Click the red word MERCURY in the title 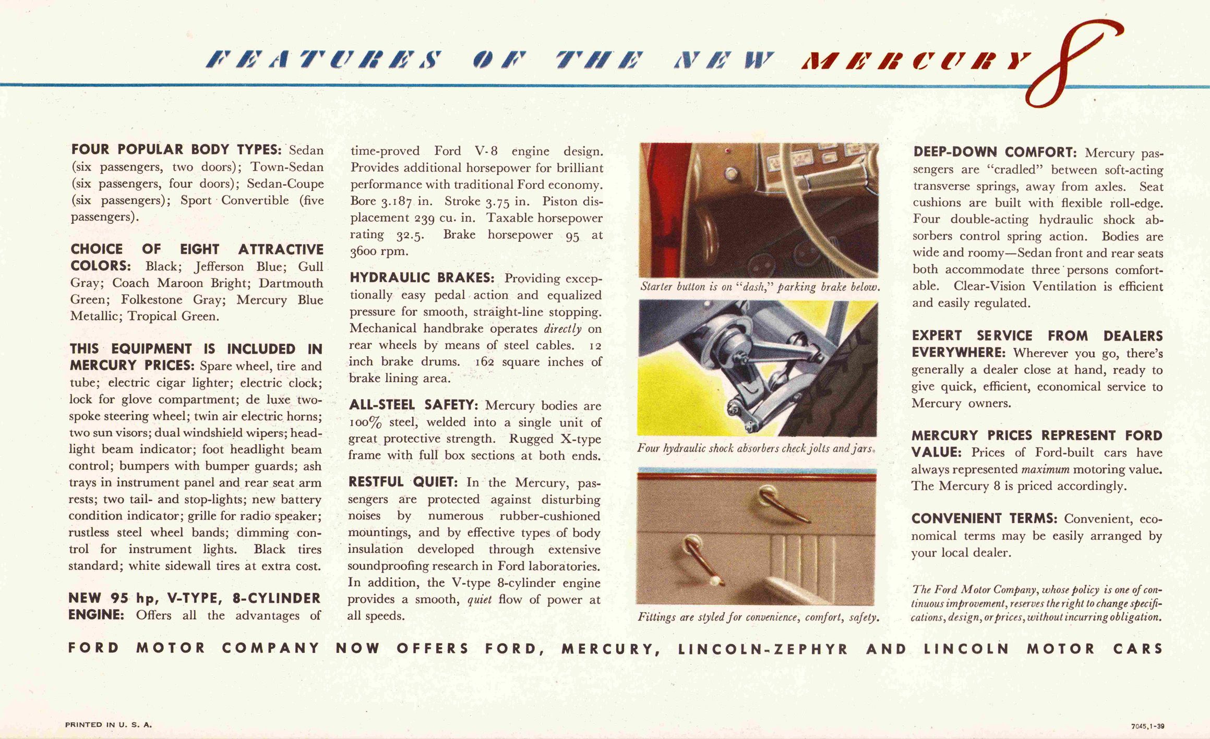[916, 62]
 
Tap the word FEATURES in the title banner [324, 60]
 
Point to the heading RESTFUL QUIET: [403, 481]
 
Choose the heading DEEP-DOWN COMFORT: [995, 152]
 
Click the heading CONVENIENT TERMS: [984, 518]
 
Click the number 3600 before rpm [364, 251]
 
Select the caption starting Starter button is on [760, 287]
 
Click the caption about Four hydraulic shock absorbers [756, 449]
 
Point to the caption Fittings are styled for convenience [758, 617]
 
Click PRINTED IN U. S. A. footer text [109, 724]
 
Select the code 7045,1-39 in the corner [1147, 726]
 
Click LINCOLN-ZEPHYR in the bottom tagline [763, 649]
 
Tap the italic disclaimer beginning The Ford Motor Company [1037, 603]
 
